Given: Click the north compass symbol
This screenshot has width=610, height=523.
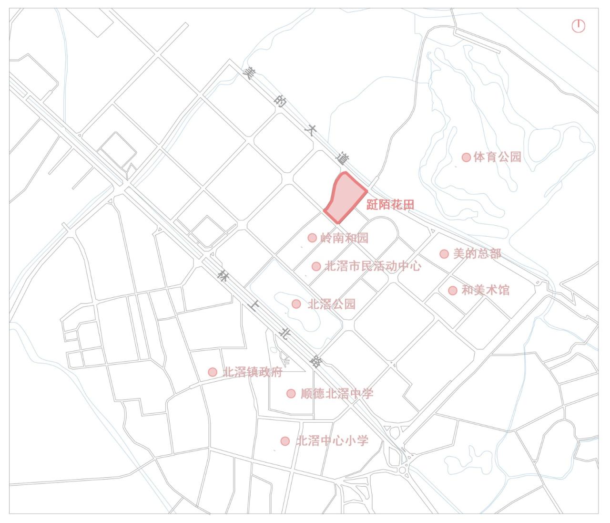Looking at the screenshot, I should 578,26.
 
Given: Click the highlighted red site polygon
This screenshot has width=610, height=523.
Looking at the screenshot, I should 344,198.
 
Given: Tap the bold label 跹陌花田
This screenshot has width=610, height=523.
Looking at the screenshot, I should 390,205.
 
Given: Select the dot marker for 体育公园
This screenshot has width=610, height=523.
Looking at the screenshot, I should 466,157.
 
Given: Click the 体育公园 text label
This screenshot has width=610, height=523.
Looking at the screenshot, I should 498,157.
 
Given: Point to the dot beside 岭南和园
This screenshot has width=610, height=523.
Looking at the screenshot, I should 312,238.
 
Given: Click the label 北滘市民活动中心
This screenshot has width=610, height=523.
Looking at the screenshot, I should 373,266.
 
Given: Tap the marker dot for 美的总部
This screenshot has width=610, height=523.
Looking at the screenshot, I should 444,254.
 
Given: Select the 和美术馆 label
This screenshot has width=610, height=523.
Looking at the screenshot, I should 485,290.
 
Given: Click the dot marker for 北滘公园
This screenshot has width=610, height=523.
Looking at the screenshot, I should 296,304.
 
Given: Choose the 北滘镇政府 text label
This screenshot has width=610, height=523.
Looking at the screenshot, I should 252,372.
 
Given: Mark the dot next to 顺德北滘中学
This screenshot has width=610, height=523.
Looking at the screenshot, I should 291,394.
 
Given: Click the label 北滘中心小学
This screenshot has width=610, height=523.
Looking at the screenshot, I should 332,441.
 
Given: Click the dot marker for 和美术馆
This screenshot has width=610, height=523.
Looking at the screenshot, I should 453,290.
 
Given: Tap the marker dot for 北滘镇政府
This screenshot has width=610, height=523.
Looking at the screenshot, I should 213,372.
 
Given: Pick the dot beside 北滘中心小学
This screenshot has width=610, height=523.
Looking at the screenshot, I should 285,441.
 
